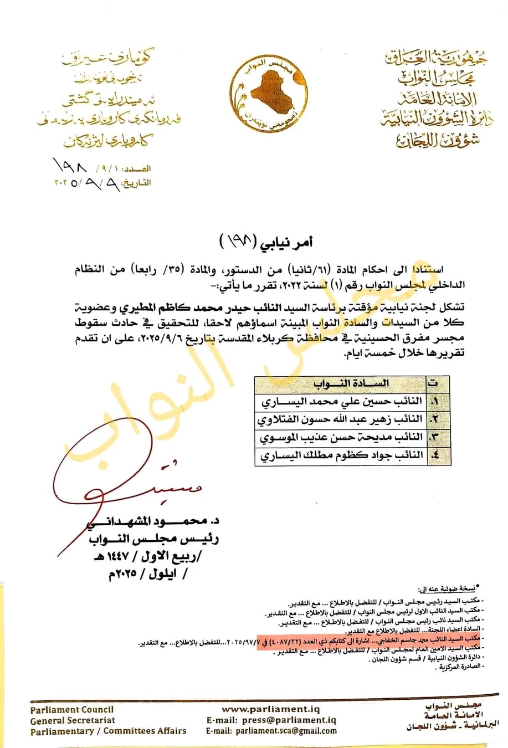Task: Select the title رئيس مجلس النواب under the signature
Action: pos(153,538)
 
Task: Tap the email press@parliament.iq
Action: pos(289,720)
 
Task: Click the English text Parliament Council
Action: pos(72,709)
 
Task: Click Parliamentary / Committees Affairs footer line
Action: pos(109,731)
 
